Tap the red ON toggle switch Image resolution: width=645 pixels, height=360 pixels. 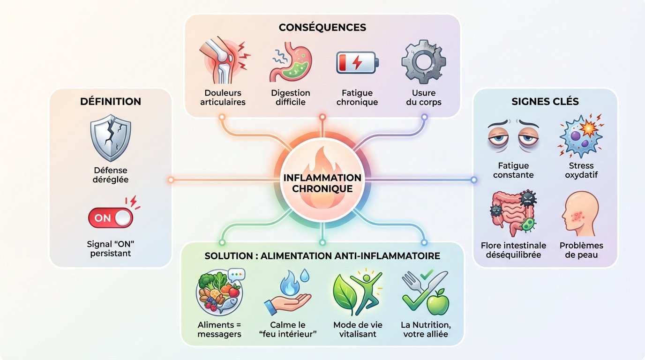(111, 218)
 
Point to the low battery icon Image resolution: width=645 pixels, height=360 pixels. (357, 63)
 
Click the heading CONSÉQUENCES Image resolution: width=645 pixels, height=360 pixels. (322, 27)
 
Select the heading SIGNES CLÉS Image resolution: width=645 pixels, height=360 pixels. (545, 102)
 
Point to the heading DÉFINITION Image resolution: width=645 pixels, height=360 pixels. (111, 102)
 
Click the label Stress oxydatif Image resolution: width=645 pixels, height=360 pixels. (581, 170)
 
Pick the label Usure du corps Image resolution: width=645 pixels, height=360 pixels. (423, 97)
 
